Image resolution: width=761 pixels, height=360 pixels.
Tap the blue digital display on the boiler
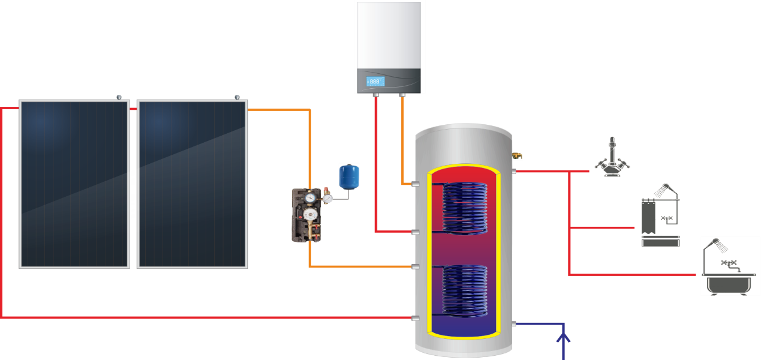[374, 81]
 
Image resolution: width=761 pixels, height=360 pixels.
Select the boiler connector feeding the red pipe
[376, 95]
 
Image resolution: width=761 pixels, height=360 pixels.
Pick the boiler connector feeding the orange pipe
[402, 95]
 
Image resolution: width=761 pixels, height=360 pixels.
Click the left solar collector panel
[74, 184]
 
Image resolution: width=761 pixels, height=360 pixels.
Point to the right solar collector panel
[192, 184]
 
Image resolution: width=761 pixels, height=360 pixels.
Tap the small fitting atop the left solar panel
[119, 97]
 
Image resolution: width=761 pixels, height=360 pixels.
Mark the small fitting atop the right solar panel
[237, 97]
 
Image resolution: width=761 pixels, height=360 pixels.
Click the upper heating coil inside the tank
[464, 207]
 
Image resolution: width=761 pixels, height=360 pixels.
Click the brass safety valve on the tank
[517, 156]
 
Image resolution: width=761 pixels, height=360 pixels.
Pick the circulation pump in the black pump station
[310, 215]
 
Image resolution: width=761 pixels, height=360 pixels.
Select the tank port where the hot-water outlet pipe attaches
[514, 172]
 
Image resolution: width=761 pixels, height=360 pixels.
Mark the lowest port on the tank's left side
[414, 317]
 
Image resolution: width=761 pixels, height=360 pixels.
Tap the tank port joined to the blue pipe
[514, 324]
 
